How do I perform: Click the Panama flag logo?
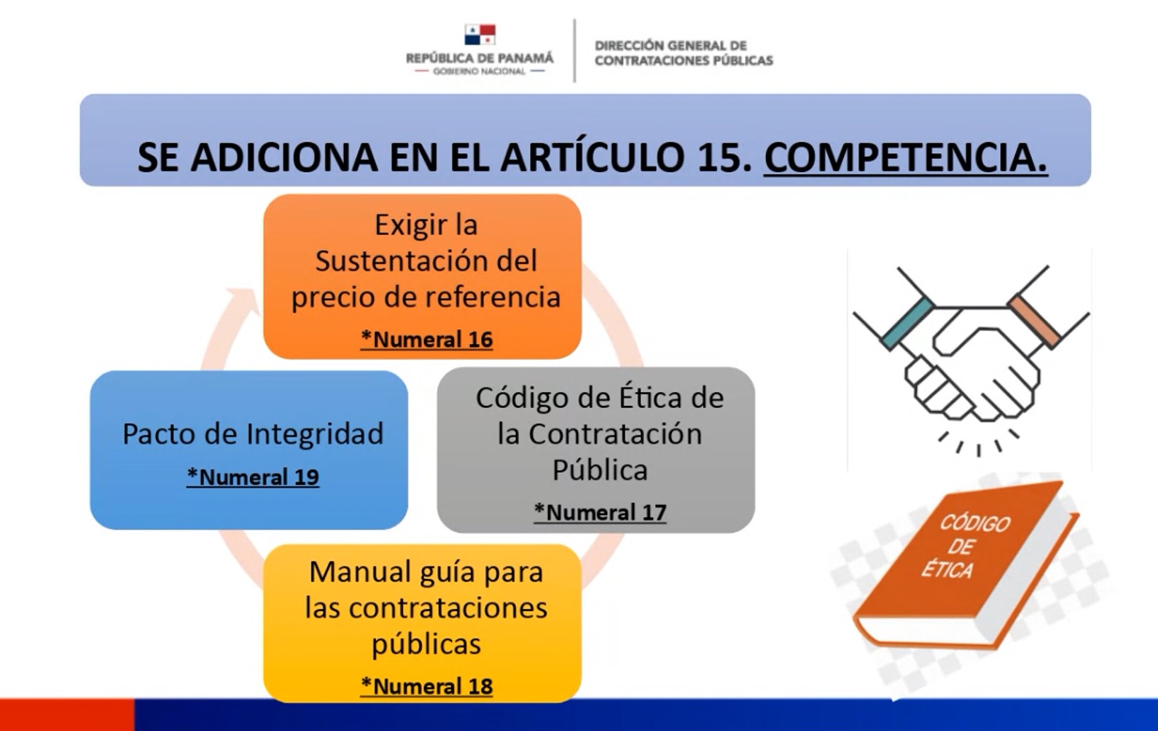[480, 35]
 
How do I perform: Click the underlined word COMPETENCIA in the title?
[906, 157]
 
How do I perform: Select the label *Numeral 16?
[426, 339]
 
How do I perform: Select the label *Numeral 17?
[600, 512]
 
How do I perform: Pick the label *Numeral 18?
[426, 686]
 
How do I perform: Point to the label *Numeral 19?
[253, 477]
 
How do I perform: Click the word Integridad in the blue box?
[315, 435]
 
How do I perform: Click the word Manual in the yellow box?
[356, 572]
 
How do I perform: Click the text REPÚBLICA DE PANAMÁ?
[480, 58]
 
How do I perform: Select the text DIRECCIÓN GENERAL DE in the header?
[670, 45]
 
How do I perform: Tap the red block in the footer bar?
[67, 714]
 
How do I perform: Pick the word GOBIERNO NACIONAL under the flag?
[480, 71]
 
